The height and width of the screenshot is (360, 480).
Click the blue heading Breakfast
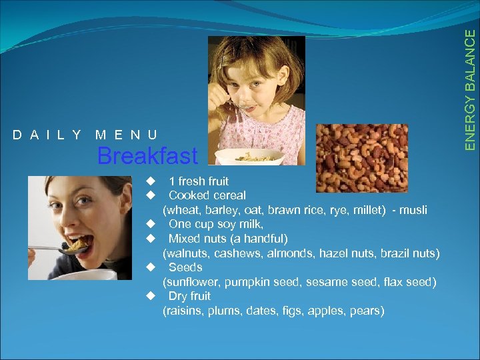pyautogui.click(x=147, y=157)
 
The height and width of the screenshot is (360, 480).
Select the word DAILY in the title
pyautogui.click(x=47, y=135)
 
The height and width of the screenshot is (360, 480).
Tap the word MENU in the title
pyautogui.click(x=127, y=135)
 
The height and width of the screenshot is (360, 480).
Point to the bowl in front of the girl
pyautogui.click(x=249, y=157)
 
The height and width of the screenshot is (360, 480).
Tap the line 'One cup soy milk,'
pyautogui.click(x=215, y=225)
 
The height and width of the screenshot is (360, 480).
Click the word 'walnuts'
pyautogui.click(x=186, y=253)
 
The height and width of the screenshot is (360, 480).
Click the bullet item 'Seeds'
pyautogui.click(x=185, y=267)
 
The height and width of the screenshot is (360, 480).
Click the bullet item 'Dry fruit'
pyautogui.click(x=189, y=296)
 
